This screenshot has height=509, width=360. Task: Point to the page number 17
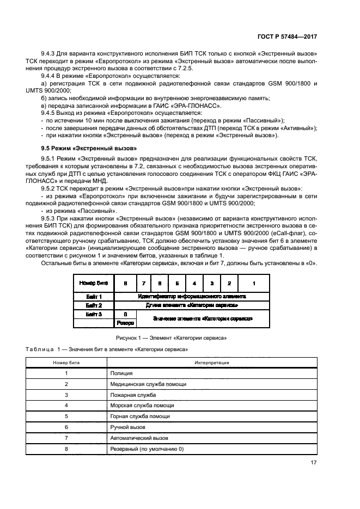pos(314,463)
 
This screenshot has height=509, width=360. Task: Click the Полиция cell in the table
pos(121,373)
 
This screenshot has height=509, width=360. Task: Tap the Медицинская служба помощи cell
pos(148,384)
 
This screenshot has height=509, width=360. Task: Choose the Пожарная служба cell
pos(133,395)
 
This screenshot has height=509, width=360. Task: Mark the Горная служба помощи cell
pos(140,416)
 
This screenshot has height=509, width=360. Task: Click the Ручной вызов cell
pos(128,427)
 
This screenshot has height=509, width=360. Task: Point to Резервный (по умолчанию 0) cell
pos(147,449)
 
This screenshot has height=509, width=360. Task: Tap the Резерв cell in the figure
pos(126,323)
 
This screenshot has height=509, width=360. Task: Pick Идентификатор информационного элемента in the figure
pos(192,297)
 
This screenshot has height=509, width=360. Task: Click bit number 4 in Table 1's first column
pos(66,406)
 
